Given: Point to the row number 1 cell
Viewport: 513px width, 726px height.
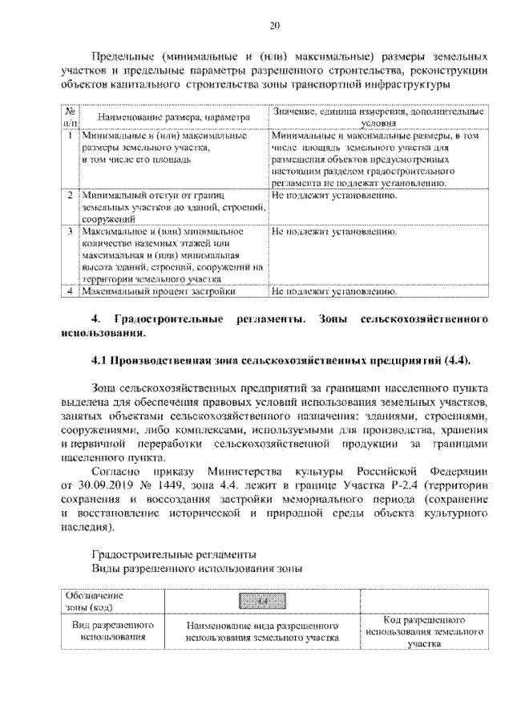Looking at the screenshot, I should [x=70, y=137].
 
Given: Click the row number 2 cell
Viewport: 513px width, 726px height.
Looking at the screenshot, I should [x=70, y=195].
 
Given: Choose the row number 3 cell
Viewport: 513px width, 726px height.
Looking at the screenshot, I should [x=70, y=230].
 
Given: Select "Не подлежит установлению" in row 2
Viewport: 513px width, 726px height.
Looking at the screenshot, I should [x=335, y=195].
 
